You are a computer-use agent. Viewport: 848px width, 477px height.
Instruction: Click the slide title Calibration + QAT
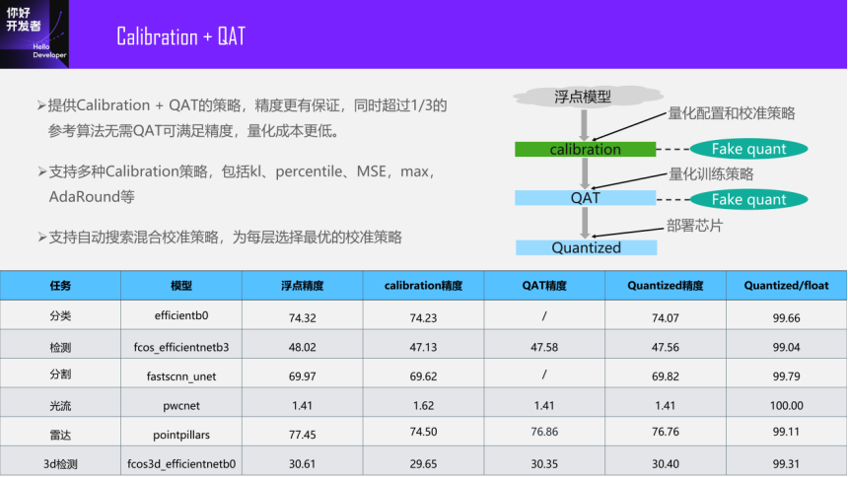coord(181,36)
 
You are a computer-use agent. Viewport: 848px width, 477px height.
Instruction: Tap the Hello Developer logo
coord(35,34)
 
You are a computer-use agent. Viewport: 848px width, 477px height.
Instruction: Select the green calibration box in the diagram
coord(585,149)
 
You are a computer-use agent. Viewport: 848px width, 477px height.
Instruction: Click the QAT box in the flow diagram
coord(585,198)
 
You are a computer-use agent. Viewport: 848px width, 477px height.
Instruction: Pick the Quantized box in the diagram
coord(587,247)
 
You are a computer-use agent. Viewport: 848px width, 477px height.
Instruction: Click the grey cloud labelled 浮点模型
coord(588,97)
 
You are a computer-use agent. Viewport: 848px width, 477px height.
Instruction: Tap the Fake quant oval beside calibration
coord(749,149)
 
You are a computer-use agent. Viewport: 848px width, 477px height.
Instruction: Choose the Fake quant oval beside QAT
coord(749,199)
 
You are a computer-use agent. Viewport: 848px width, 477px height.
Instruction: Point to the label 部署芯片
coord(694,226)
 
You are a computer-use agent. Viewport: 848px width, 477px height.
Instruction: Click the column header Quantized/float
coord(786,286)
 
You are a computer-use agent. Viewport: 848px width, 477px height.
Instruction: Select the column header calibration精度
coord(423,286)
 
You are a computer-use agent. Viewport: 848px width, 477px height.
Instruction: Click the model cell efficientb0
coord(181,315)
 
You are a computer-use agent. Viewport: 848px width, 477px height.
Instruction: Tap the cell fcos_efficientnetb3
coord(181,347)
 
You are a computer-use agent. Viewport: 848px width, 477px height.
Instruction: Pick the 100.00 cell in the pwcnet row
coord(786,406)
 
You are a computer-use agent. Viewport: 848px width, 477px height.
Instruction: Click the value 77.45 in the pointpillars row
coord(303,435)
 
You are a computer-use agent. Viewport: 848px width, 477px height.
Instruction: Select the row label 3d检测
coord(60,464)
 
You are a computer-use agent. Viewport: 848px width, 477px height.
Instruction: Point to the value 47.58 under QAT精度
coord(544,347)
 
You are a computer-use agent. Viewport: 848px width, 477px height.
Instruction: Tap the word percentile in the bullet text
coord(310,172)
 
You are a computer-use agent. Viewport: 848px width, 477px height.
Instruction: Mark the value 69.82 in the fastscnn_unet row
coord(666,376)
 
